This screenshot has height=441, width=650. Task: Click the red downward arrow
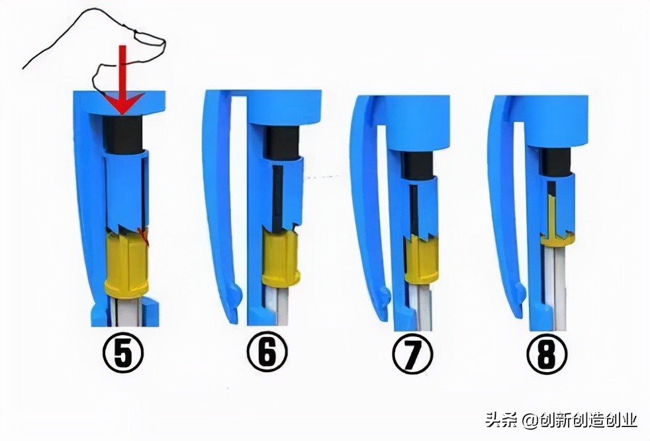[120, 79]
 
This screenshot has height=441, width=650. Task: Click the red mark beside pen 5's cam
[143, 236]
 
